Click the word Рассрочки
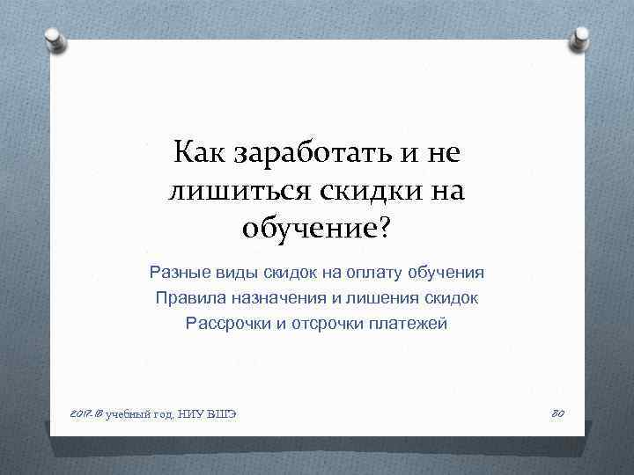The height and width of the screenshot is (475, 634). click(228, 324)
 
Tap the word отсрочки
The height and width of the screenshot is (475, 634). click(329, 324)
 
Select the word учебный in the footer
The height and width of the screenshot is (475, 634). click(128, 414)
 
